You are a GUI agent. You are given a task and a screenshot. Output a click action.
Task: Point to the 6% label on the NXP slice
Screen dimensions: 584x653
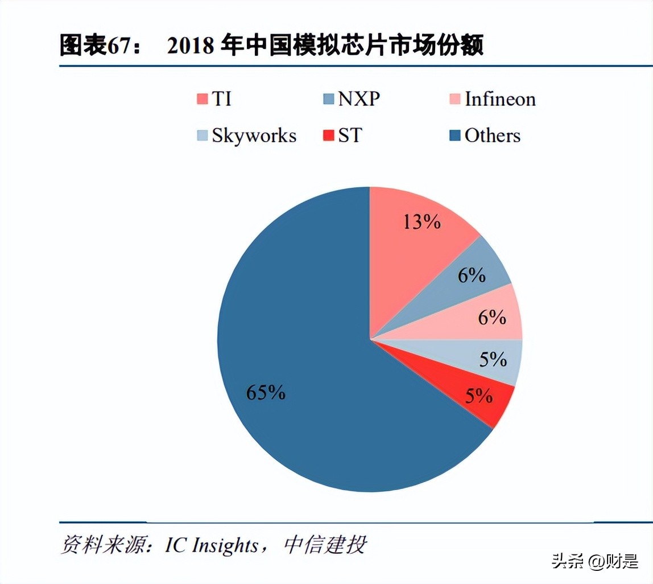pyautogui.click(x=472, y=275)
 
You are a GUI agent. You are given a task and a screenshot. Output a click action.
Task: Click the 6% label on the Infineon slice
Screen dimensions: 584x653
pyautogui.click(x=492, y=317)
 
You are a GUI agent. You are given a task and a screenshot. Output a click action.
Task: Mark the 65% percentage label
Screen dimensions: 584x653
pyautogui.click(x=266, y=392)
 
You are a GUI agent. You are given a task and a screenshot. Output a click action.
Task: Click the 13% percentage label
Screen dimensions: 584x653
pyautogui.click(x=421, y=221)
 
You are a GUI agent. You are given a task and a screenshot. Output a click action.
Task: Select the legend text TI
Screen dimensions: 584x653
pyautogui.click(x=222, y=99)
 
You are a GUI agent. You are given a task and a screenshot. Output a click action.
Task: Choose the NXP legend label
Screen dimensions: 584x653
pyautogui.click(x=359, y=99)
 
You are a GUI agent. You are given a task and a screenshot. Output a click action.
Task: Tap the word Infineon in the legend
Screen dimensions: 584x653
pyautogui.click(x=500, y=99)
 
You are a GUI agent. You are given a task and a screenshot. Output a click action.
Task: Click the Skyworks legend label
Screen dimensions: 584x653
pyautogui.click(x=254, y=135)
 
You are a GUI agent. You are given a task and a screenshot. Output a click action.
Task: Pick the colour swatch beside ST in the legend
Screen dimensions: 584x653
pyautogui.click(x=328, y=136)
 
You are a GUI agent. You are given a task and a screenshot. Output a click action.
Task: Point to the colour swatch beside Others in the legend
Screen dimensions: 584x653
pyautogui.click(x=455, y=136)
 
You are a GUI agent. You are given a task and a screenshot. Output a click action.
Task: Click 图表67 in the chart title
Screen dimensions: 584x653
pyautogui.click(x=96, y=46)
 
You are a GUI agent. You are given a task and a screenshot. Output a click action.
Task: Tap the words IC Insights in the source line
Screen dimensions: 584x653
pyautogui.click(x=212, y=545)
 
